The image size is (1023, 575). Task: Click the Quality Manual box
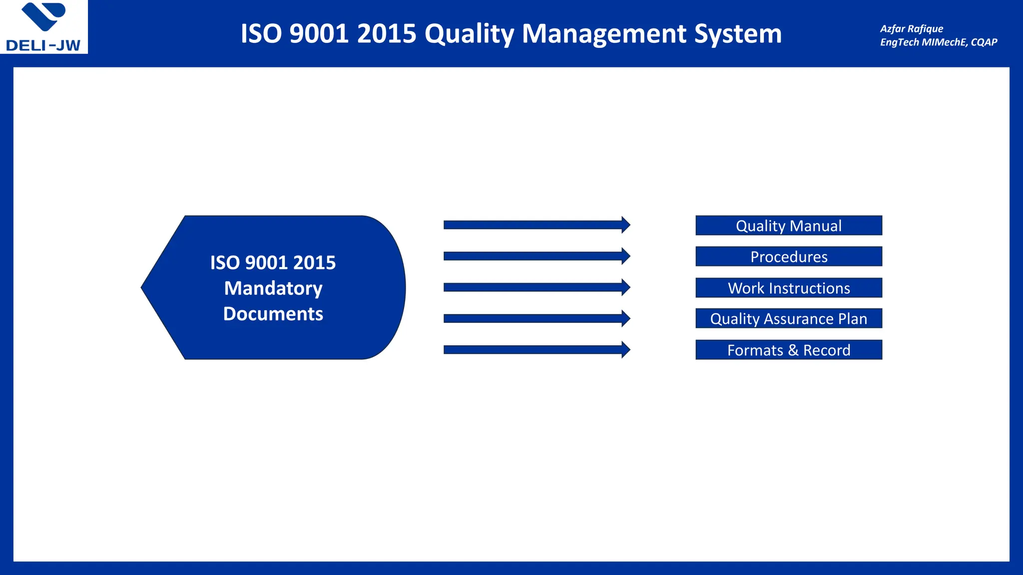pos(788,226)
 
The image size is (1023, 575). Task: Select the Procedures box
pos(788,257)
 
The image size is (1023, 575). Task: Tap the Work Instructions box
pos(788,288)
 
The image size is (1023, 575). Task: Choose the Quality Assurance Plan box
pos(788,318)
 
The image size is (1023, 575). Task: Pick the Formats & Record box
pos(788,350)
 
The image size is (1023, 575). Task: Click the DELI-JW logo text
pos(43,45)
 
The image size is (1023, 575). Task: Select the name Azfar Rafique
pos(911,29)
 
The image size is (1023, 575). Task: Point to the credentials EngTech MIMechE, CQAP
pos(938,42)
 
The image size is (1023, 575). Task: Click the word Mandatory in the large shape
pos(273,288)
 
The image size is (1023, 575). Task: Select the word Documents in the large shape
pos(273,313)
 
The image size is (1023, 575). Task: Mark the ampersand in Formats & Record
pos(793,350)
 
